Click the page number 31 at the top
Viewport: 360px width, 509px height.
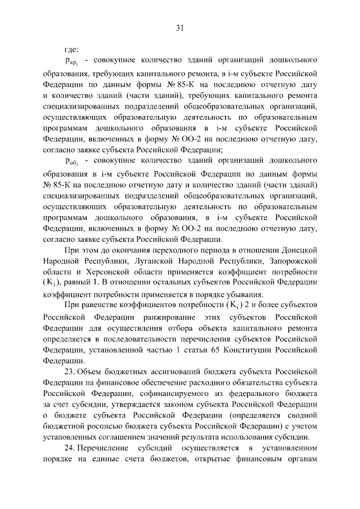180,27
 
